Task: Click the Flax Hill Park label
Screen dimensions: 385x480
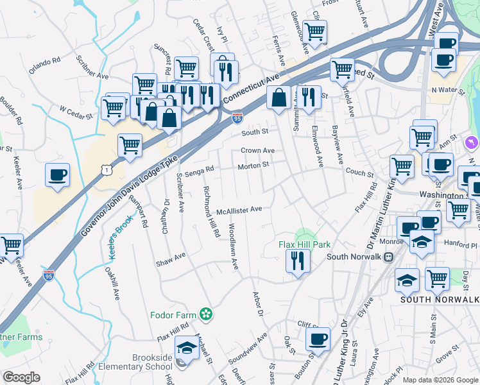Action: click(x=304, y=244)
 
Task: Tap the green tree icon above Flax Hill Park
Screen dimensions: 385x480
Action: click(x=305, y=234)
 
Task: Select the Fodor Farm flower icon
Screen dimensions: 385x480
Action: click(x=205, y=314)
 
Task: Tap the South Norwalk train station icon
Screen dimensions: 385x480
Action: click(x=388, y=257)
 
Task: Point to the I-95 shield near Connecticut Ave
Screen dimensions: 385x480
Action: click(x=237, y=117)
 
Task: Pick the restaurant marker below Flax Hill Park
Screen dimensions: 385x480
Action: click(x=298, y=261)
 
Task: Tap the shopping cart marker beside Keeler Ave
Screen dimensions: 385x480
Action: click(x=10, y=245)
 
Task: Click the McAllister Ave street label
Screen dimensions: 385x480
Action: click(x=239, y=209)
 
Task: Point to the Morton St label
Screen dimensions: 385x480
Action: click(x=253, y=166)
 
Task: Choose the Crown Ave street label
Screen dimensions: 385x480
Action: click(x=257, y=151)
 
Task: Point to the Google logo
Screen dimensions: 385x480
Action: click(x=22, y=377)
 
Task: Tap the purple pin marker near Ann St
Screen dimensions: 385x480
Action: click(x=472, y=141)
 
